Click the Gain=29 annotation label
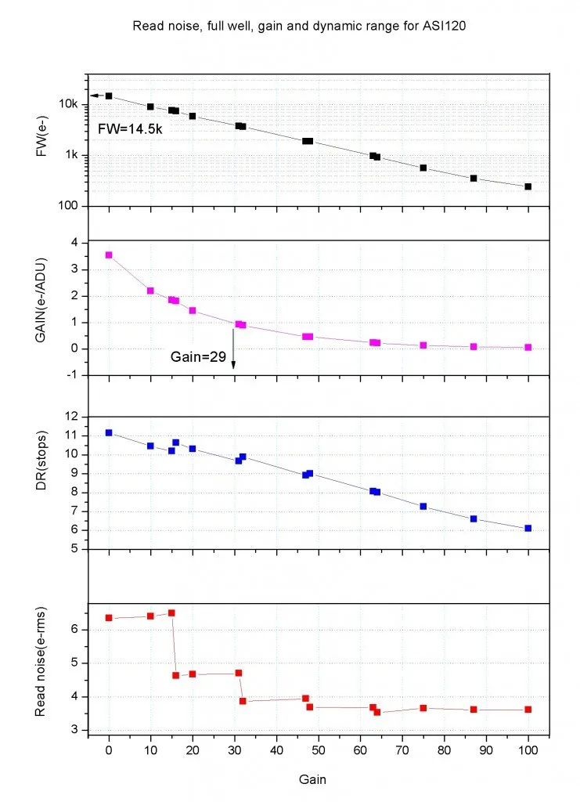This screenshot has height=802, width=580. point(198,356)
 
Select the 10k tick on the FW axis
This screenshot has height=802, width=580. point(70,104)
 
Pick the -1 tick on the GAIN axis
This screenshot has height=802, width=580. point(73,375)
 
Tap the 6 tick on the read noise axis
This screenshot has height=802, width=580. point(76,629)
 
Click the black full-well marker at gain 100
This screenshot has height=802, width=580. point(528,186)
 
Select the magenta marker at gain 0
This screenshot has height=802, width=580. point(109,255)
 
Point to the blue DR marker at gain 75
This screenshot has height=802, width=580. point(423,506)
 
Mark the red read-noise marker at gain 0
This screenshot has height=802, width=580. point(109,618)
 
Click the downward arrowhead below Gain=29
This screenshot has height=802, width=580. point(234,364)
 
